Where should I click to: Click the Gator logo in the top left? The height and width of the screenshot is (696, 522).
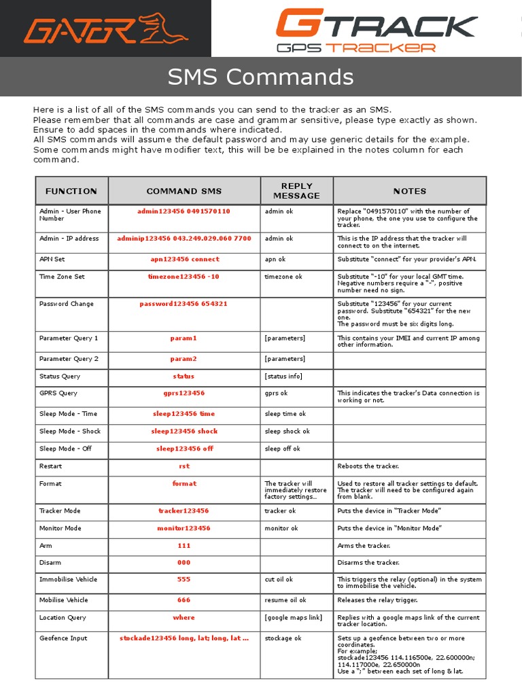[x=105, y=29]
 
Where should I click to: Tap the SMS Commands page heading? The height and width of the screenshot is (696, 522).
[x=260, y=77]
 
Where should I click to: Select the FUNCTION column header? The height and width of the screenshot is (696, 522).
[x=71, y=191]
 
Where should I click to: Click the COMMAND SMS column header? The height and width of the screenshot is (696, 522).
[x=184, y=191]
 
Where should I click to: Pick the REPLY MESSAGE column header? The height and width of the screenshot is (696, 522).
[x=296, y=190]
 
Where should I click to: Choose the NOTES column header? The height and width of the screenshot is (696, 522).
[x=409, y=191]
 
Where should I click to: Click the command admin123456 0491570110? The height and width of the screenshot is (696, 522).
[x=184, y=211]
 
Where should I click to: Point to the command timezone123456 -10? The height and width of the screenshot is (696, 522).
[x=184, y=277]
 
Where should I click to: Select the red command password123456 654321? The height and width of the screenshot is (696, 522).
[x=184, y=304]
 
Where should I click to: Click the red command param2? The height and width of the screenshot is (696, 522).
[x=184, y=358]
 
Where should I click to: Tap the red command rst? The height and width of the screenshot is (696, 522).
[x=184, y=466]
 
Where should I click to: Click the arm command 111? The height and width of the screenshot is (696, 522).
[x=184, y=545]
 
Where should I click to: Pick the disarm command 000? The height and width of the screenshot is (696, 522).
[x=184, y=562]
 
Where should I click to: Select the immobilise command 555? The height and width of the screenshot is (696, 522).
[x=184, y=579]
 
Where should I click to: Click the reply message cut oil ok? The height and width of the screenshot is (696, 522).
[x=279, y=580]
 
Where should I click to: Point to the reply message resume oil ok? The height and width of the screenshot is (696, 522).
[x=285, y=600]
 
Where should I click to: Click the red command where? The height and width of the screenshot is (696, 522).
[x=184, y=617]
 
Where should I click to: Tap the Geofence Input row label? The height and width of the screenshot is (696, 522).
[x=63, y=638]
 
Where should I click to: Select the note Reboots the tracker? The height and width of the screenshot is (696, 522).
[x=368, y=466]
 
